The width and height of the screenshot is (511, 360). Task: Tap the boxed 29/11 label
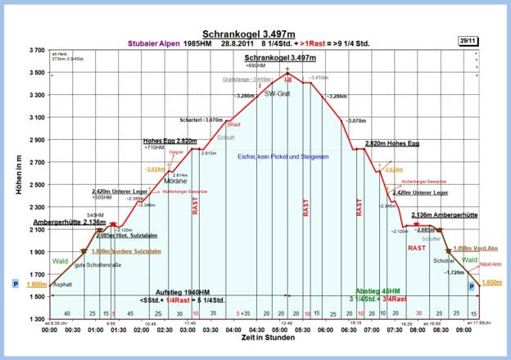click(x=469, y=38)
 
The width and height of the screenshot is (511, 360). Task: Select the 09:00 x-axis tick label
click(x=464, y=330)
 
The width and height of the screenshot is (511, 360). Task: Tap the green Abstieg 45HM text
click(x=379, y=291)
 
